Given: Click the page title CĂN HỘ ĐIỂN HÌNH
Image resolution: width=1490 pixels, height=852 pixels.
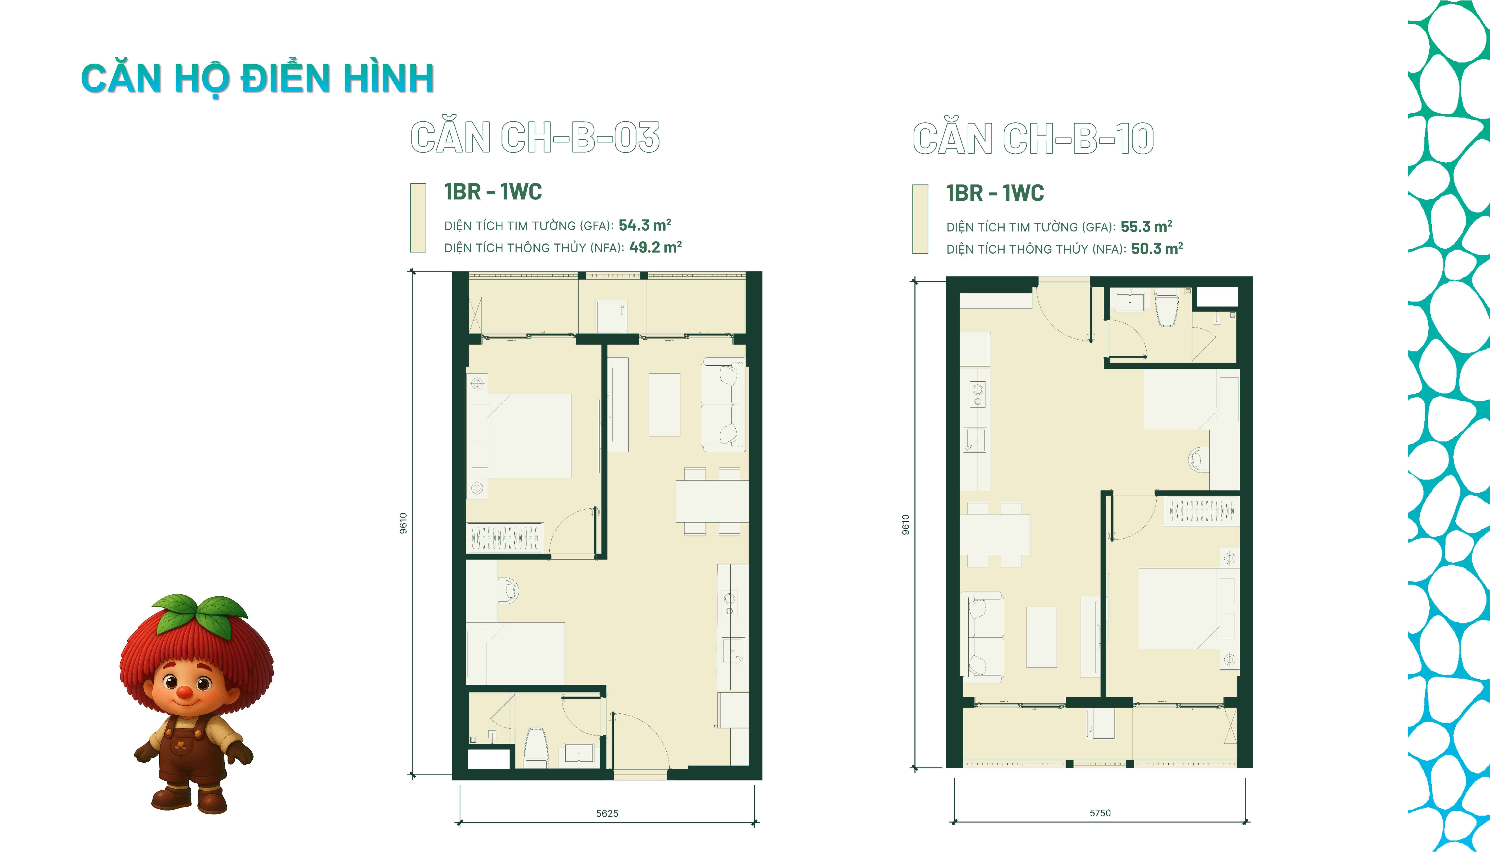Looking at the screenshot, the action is [257, 79].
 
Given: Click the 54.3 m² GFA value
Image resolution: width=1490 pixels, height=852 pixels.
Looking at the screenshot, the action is [645, 225].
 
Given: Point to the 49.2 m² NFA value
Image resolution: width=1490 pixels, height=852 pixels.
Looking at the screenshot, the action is [655, 247].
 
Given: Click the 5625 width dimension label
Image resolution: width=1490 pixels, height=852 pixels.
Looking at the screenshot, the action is [607, 813].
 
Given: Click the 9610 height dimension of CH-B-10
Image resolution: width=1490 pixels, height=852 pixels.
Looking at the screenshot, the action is [906, 525].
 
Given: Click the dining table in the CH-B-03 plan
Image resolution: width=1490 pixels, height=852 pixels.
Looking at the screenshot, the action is [712, 501].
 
